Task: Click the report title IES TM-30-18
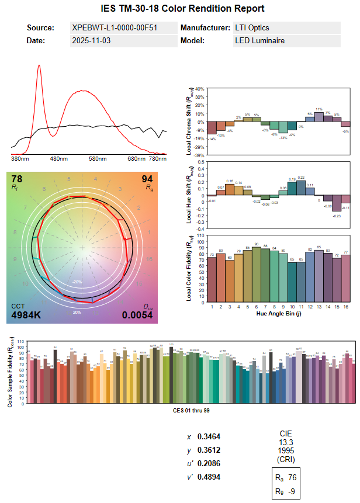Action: click(180, 8)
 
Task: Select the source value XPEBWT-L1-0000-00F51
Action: click(114, 28)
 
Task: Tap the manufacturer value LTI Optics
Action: click(252, 28)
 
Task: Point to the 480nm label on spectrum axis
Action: click(59, 158)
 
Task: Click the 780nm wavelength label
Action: click(158, 158)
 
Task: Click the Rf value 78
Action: click(17, 179)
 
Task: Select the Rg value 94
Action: click(147, 179)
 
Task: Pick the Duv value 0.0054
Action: click(137, 316)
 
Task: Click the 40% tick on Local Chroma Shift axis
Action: click(199, 89)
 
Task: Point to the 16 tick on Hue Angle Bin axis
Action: click(345, 306)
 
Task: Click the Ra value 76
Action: click(293, 478)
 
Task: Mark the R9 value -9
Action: click(293, 492)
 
